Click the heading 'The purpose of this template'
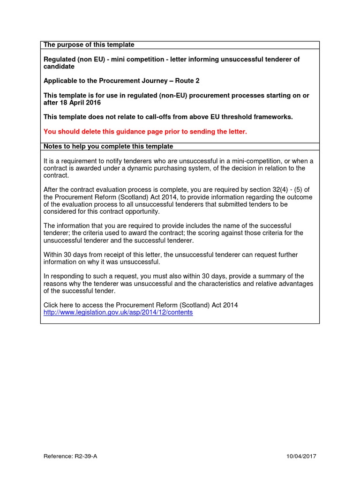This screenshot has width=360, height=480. (x=89, y=45)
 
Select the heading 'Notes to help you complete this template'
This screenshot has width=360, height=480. (x=108, y=147)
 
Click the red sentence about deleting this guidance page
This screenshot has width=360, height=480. (x=145, y=132)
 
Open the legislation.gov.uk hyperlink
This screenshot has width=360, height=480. (x=118, y=312)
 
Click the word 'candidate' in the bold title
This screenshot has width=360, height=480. (x=59, y=67)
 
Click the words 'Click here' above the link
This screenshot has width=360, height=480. (x=59, y=305)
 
